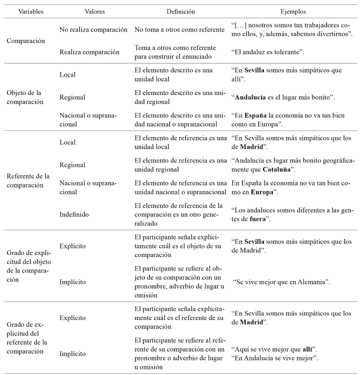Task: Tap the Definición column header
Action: pyautogui.click(x=181, y=10)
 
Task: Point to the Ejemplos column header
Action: pyautogui.click(x=293, y=10)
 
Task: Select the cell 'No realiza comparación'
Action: pyautogui.click(x=93, y=29)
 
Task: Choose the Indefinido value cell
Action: pyautogui.click(x=74, y=214)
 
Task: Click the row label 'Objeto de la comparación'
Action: pyautogui.click(x=25, y=97)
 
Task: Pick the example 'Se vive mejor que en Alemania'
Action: pyautogui.click(x=282, y=282)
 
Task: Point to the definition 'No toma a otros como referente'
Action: pyautogui.click(x=179, y=29)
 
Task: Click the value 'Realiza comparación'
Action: pyautogui.click(x=89, y=52)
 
